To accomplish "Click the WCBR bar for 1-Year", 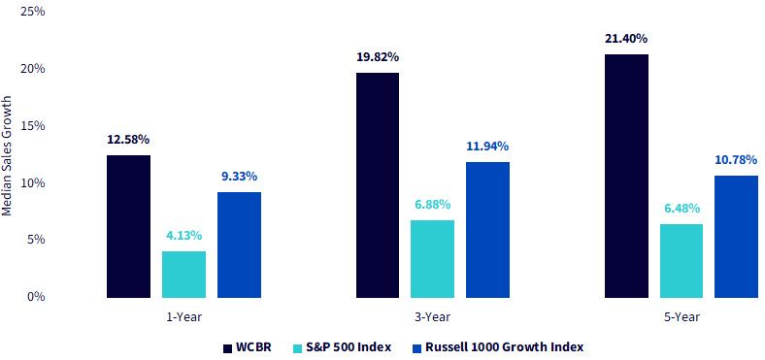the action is pos(129,226).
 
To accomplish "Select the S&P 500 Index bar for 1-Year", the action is pos(183,275).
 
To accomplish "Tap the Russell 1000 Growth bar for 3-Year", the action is pos(488,230).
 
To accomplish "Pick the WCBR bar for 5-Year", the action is pos(626,176).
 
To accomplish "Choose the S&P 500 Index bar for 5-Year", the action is pos(682,260).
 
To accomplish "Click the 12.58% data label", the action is pos(128,140).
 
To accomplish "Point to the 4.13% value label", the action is pos(183,236).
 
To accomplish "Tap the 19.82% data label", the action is pos(378,57).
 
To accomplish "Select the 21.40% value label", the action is pos(626,38).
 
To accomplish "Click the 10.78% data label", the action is pos(736,159).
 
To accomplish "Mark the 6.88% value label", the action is pos(432,205).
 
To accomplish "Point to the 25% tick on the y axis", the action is pos(33,12).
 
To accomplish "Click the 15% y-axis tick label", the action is pos(33,126).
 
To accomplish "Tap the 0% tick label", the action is pos(36,297).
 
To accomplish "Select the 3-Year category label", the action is pos(432,317).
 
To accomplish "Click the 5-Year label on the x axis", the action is pos(682,317).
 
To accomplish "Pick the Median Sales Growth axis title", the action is pos(7,155).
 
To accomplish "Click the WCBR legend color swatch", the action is pos(228,348).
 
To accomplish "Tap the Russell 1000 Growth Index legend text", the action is pos(504,347).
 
